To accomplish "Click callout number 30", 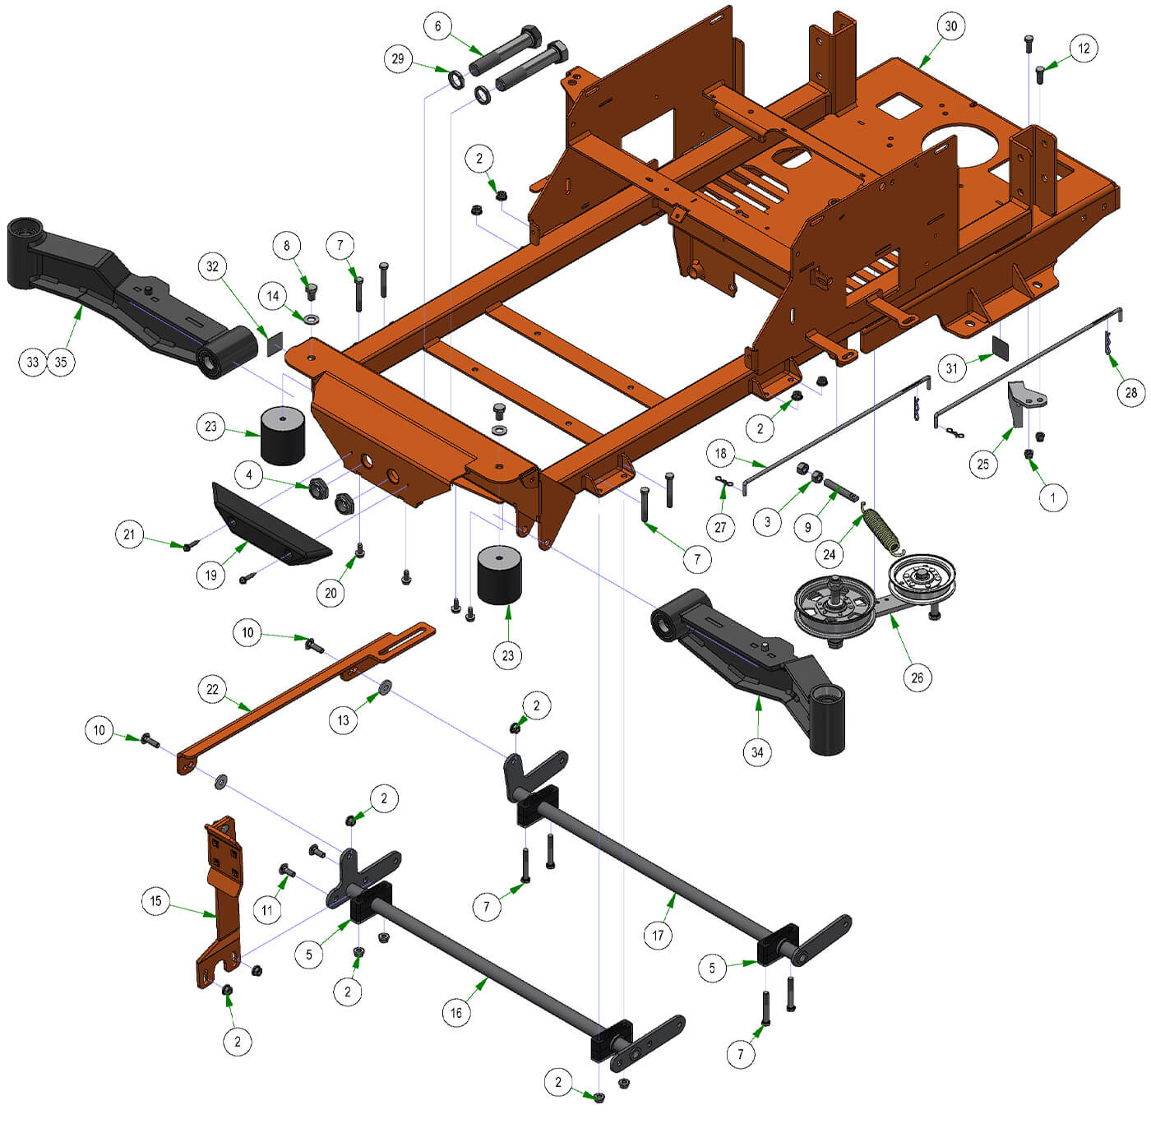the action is click(x=950, y=26).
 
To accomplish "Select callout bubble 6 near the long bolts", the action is click(x=438, y=26).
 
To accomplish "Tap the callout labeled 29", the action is click(x=398, y=59).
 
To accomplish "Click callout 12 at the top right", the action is click(x=1084, y=49).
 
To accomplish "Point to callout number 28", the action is click(x=1130, y=393).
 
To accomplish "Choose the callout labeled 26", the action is click(x=917, y=677).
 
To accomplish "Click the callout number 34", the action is click(x=757, y=752).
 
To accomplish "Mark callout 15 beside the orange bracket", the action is click(x=156, y=900).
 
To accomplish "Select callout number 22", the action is click(x=212, y=689).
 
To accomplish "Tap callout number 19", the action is click(x=210, y=576).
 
